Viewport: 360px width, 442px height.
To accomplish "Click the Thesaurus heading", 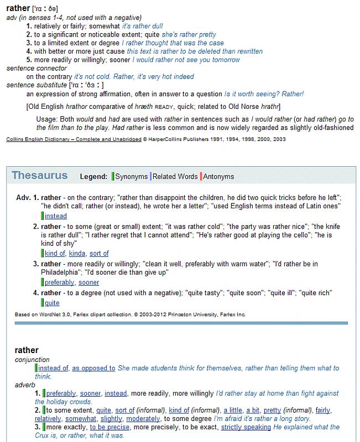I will coord(40,176).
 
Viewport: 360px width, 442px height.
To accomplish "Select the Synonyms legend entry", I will coord(131,177).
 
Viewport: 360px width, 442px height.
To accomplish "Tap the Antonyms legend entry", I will coord(218,177).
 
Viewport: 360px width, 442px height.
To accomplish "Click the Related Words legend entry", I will coord(175,177).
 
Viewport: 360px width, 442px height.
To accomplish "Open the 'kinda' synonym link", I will coord(77,254).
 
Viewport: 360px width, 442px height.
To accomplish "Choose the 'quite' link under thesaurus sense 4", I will coord(52,303).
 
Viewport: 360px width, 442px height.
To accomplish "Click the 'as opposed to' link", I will coord(93,368).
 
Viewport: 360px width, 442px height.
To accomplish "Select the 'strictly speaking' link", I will coord(246,427).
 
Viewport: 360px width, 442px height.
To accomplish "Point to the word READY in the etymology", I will coord(165,107).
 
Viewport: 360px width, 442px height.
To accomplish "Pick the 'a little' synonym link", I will coord(232,411).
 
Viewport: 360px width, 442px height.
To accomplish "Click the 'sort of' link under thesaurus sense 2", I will coord(99,254).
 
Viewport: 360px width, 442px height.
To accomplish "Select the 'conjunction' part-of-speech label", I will coord(32,360).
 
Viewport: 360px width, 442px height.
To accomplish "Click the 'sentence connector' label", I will coord(36,68).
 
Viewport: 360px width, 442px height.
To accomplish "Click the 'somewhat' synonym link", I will coord(81,419).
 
